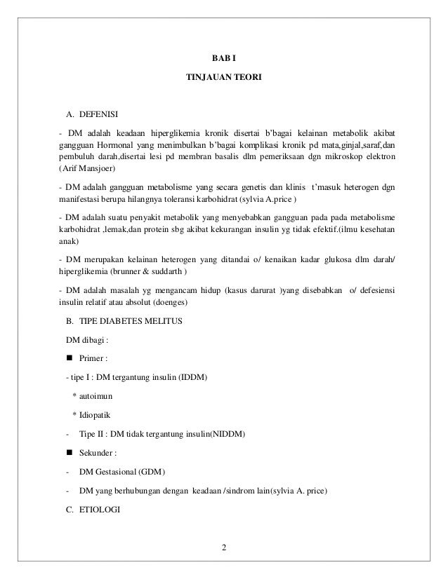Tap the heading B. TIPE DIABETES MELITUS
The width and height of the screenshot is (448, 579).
(124, 322)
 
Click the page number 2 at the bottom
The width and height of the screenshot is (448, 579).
(224, 547)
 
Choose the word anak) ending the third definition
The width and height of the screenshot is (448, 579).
(70, 242)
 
